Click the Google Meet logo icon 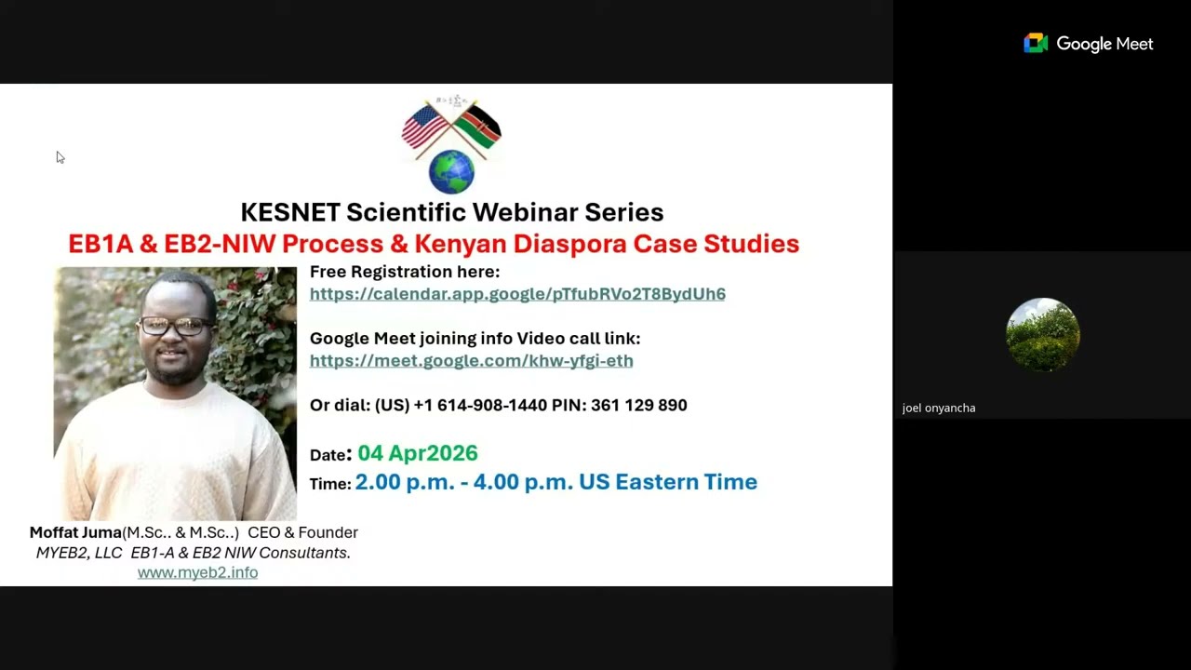click(x=1036, y=44)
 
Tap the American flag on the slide click(x=424, y=127)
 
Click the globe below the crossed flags click(x=451, y=171)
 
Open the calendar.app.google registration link click(x=517, y=294)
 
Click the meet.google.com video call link click(x=471, y=361)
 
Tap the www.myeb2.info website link click(x=197, y=572)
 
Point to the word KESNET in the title click(x=290, y=212)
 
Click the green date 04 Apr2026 click(x=417, y=453)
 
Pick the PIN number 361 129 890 click(x=638, y=405)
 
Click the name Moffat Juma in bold click(x=75, y=532)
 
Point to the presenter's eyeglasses click(x=174, y=326)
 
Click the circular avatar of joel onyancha click(x=1042, y=334)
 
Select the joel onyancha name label click(x=938, y=408)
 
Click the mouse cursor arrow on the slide click(x=60, y=157)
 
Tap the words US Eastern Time click(x=667, y=482)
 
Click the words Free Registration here click(x=405, y=272)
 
